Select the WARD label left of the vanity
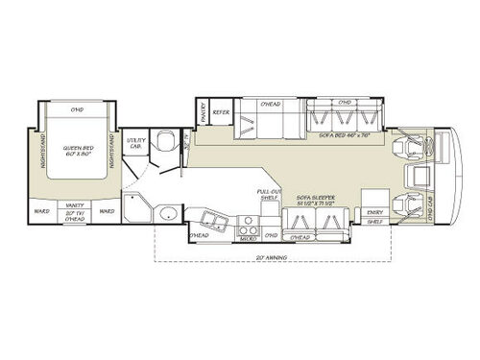(x=41, y=211)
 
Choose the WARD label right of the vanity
(x=108, y=211)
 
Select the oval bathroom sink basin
(x=166, y=213)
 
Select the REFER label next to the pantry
(x=221, y=113)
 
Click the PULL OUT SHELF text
(x=269, y=194)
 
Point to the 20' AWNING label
(x=274, y=258)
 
